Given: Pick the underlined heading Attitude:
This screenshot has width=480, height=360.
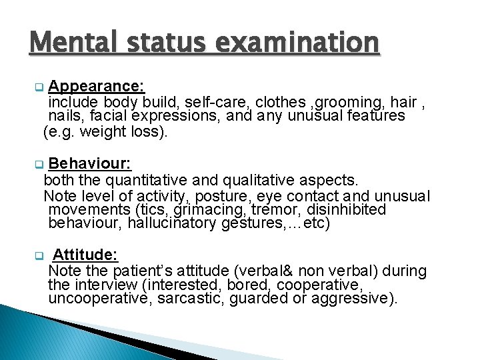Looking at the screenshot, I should pyautogui.click(x=85, y=255).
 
